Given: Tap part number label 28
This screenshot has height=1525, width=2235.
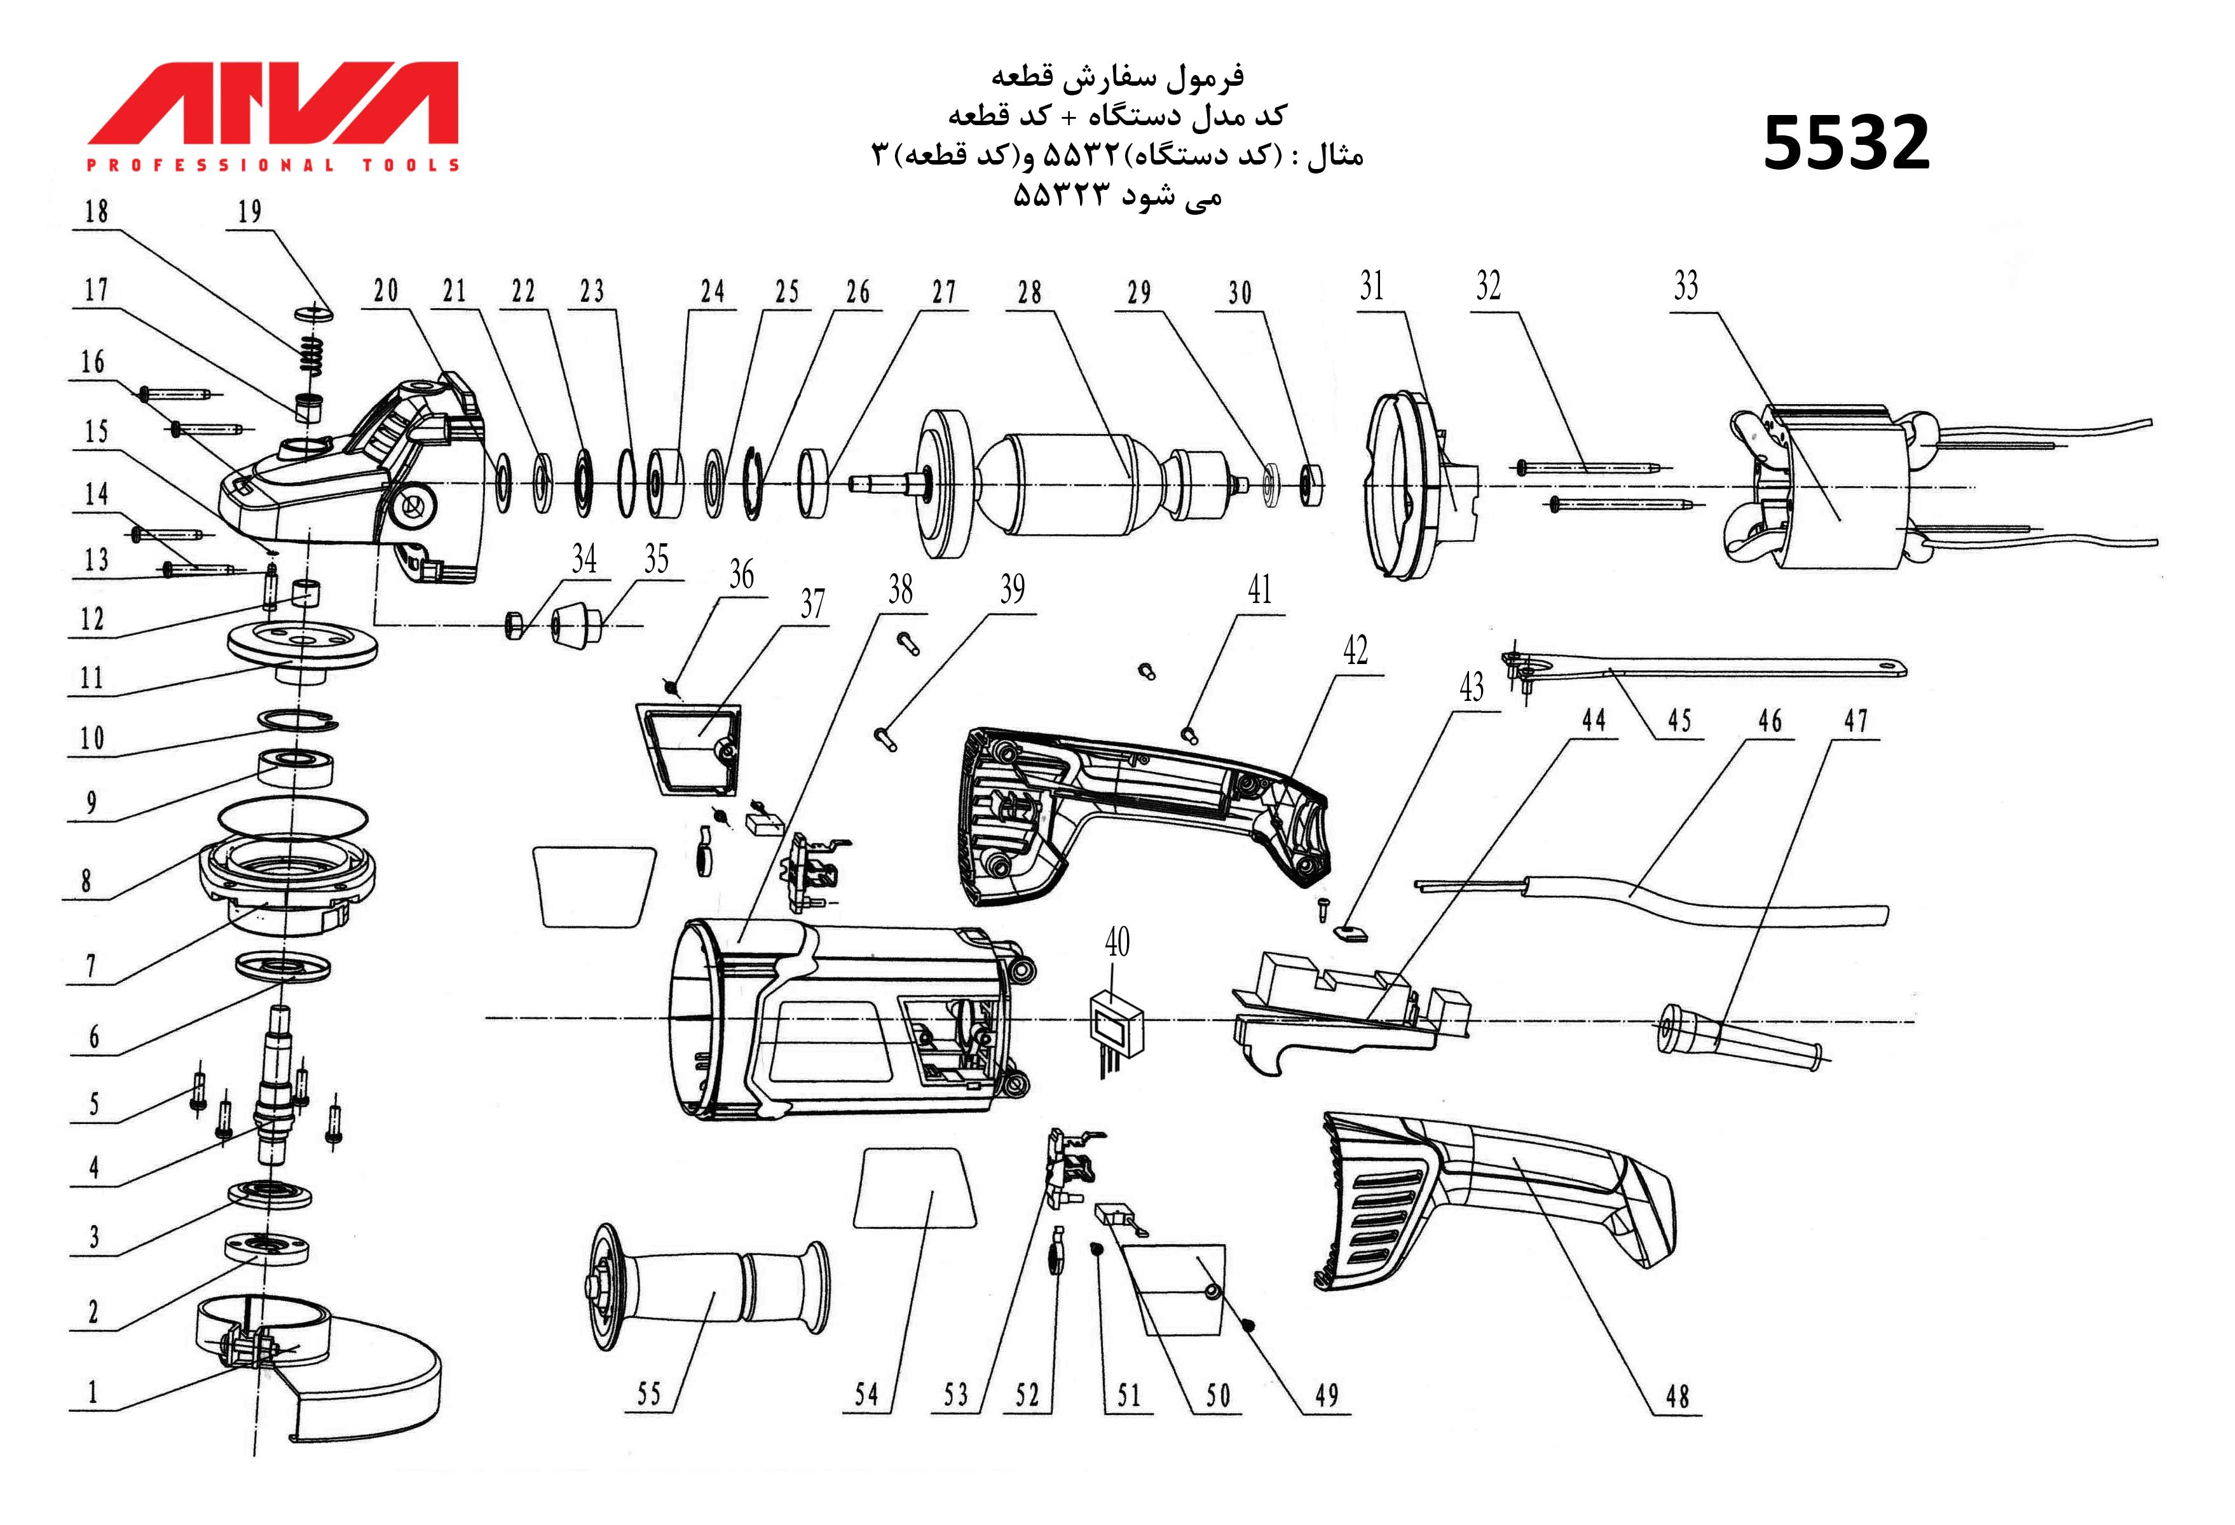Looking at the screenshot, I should [1029, 292].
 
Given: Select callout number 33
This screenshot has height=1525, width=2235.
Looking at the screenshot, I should [1685, 285].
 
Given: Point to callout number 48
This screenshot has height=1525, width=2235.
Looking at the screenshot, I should [1678, 1396].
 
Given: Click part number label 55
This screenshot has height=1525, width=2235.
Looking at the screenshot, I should [649, 1394].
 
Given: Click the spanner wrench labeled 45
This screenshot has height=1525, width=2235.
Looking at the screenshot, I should [1712, 667].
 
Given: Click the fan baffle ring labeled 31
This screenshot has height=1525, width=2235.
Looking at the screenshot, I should [1414, 485].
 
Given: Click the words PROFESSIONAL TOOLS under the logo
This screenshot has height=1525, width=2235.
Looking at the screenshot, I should [274, 165].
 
